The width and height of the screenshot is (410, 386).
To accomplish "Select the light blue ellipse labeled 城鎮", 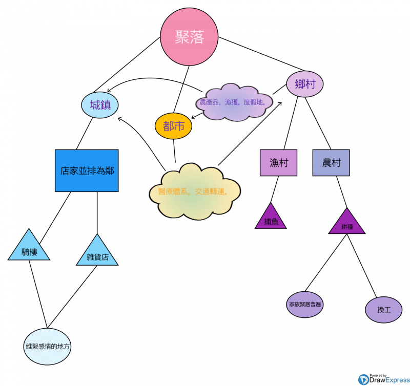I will [x=100, y=105].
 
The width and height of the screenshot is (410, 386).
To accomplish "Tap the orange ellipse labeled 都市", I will [x=173, y=126].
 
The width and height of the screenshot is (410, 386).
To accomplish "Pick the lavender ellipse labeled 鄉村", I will [x=305, y=84].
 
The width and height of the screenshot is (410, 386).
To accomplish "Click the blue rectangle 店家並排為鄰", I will [x=87, y=171].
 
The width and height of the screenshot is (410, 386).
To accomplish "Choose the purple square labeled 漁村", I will [x=278, y=163].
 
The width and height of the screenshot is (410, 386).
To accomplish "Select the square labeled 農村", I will [x=331, y=163].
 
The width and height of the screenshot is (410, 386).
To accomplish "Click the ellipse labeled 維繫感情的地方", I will [x=48, y=347].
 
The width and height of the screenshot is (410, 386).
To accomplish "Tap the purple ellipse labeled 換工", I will [x=384, y=310].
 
